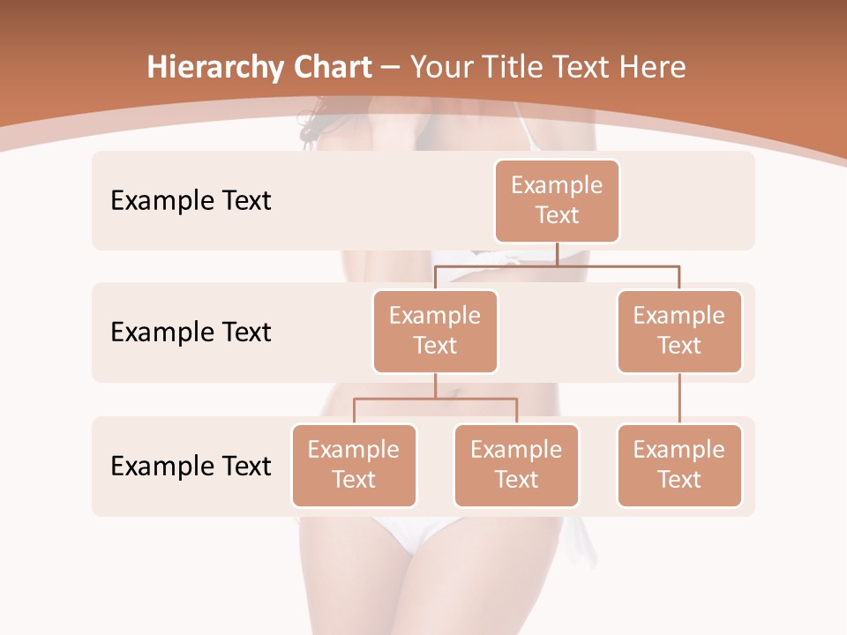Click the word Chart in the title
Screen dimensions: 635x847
click(x=330, y=68)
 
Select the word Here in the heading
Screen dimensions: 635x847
click(x=653, y=68)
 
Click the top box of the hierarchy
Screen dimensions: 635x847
click(x=557, y=201)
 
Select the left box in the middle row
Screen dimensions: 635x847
click(x=435, y=332)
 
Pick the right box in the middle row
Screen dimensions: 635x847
click(x=679, y=332)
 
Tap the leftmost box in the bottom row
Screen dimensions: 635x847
click(x=354, y=466)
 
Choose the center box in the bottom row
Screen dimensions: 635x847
click(x=516, y=466)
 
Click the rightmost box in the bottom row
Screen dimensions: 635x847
click(x=679, y=466)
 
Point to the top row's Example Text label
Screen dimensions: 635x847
click(x=191, y=201)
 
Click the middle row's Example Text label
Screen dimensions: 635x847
click(x=191, y=332)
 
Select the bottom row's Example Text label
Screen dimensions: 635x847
click(x=191, y=466)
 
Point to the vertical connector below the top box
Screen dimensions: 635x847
click(x=557, y=254)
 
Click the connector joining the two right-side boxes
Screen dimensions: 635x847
click(x=679, y=399)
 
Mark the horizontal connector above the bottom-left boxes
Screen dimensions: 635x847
click(x=435, y=399)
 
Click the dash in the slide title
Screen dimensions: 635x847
click(x=391, y=68)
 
